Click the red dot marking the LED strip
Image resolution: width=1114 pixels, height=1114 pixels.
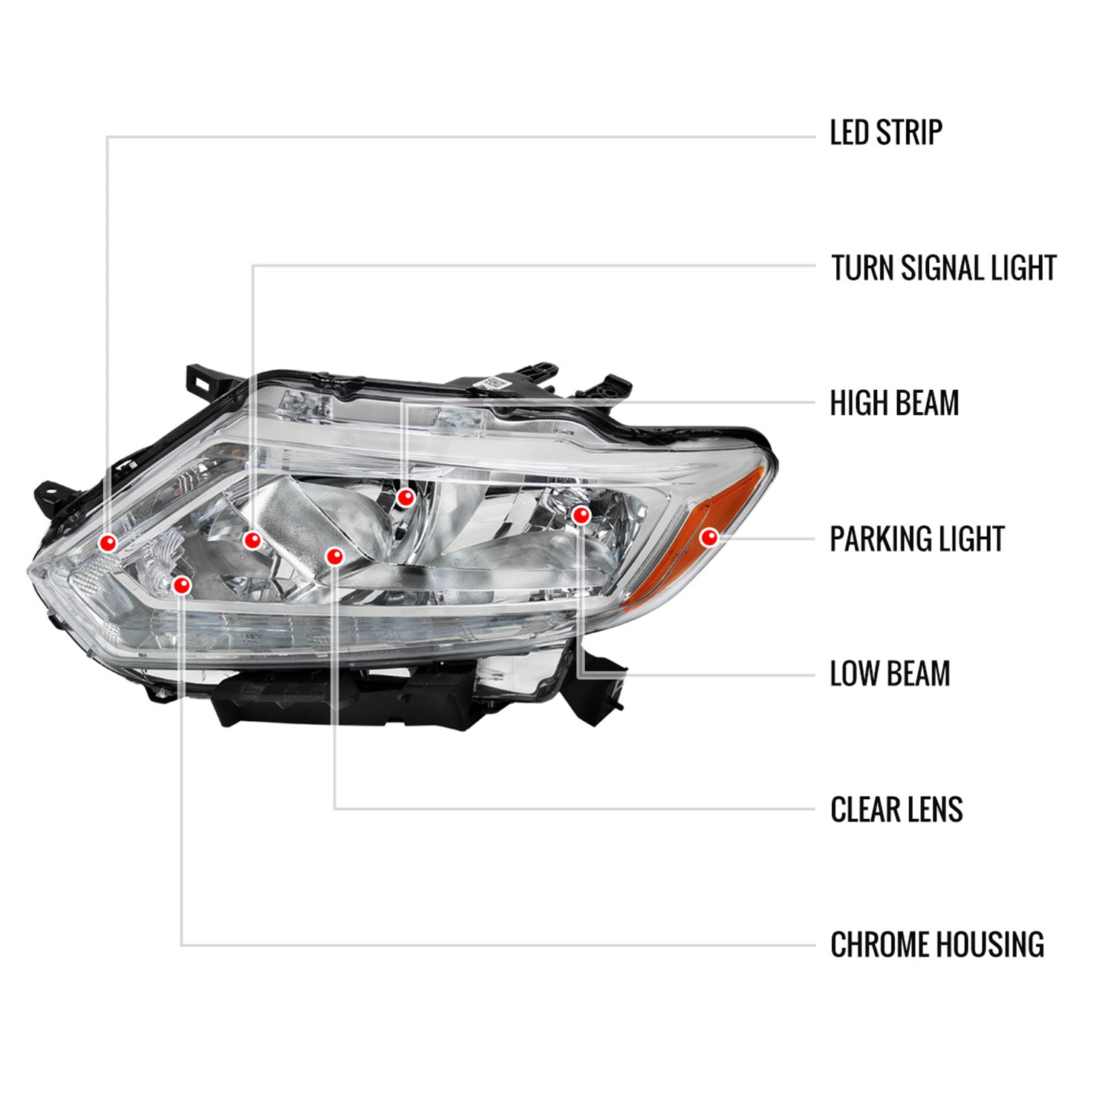coord(108,543)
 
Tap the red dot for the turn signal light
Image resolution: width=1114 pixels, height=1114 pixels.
coord(253,540)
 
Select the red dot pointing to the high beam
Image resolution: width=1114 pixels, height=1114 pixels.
coord(405,498)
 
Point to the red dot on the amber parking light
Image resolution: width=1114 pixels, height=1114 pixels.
coord(709,536)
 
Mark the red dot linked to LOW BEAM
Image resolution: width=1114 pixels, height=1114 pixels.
coord(582,515)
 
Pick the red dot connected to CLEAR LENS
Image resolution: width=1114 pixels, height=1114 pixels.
coord(335,556)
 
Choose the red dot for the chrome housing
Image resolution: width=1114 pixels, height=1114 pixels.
coord(181,585)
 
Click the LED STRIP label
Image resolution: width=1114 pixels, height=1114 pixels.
coord(885,133)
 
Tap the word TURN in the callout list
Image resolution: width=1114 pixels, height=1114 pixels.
coord(861,268)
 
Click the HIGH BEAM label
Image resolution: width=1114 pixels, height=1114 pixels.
coord(894,403)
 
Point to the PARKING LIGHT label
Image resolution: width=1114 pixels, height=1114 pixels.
coord(916,539)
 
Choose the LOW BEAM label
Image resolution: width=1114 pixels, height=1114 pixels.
coord(890,674)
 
